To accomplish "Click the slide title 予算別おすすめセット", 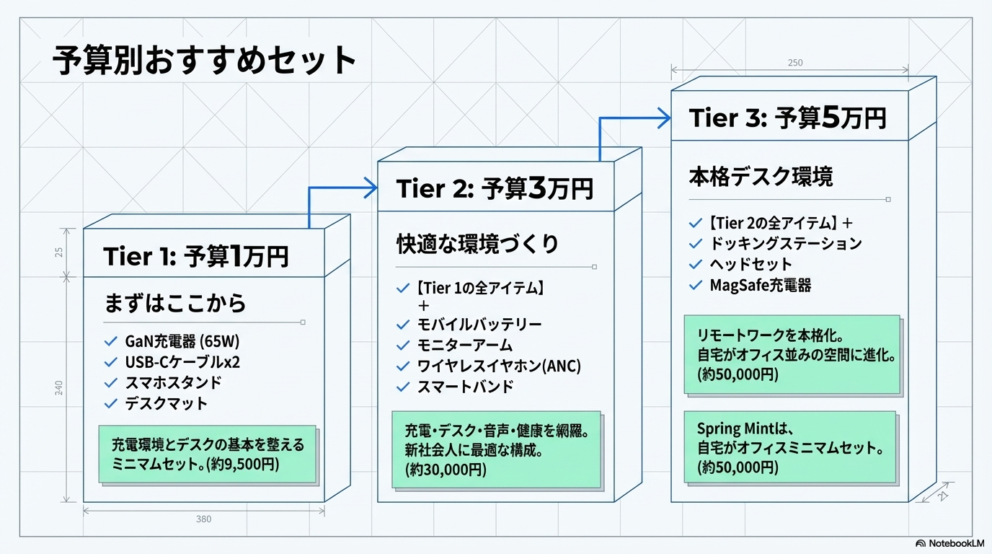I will tap(205, 62).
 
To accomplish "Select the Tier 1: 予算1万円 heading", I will tap(196, 257).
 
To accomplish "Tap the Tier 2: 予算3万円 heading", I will tap(495, 189).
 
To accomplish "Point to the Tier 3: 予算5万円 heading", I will tap(787, 118).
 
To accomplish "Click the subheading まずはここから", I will tap(175, 303).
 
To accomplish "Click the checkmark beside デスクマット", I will tap(110, 404).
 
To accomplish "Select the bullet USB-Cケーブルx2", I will tap(182, 362).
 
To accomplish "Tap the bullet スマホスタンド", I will tap(173, 383).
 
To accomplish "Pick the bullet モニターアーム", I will tap(465, 346).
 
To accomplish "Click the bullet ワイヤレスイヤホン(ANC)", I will tap(499, 366).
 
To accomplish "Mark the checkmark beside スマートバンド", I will tap(403, 387).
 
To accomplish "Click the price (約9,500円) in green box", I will tap(242, 465).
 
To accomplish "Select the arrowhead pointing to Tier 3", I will tap(663, 118).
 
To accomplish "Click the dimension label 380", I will tap(203, 519).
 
